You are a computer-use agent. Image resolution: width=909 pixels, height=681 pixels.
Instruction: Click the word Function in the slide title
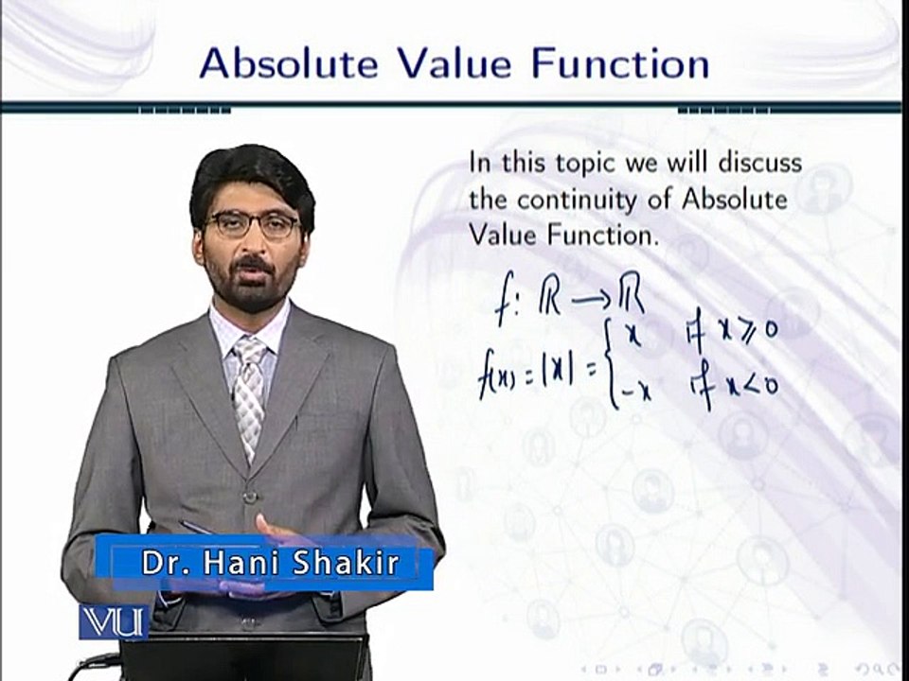click(x=619, y=63)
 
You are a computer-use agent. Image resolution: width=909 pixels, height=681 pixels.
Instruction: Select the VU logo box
click(x=113, y=621)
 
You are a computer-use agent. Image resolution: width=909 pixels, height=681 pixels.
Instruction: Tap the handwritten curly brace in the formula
click(x=614, y=364)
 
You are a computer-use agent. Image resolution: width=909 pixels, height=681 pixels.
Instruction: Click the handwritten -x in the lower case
click(x=637, y=390)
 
